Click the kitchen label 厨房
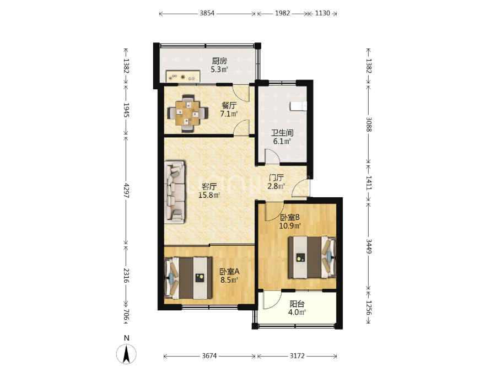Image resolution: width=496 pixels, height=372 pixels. click(219, 61)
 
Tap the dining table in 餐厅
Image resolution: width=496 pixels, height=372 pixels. click(188, 113)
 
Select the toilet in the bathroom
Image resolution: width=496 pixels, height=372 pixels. click(298, 106)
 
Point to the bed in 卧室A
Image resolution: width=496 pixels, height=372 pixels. click(188, 278)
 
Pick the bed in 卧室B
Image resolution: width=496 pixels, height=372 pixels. click(311, 257)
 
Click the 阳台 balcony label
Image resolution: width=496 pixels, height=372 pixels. click(297, 304)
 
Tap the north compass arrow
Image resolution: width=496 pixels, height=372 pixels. click(127, 354)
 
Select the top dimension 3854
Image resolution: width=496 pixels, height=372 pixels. click(207, 13)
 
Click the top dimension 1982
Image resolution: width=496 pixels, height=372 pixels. click(282, 13)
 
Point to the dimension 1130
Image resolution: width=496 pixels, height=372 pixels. click(322, 13)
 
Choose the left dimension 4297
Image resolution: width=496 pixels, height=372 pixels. click(126, 191)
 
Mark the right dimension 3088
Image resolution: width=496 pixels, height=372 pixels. click(369, 125)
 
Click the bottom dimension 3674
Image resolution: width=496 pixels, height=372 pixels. click(209, 356)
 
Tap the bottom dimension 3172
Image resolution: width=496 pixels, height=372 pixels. click(298, 356)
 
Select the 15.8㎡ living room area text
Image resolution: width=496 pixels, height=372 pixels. click(209, 195)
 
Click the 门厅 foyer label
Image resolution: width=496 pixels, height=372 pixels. click(276, 178)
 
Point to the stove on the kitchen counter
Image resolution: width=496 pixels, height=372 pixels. click(183, 77)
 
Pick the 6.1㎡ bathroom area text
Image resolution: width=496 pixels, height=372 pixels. click(282, 141)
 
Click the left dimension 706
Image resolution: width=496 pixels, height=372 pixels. click(126, 315)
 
